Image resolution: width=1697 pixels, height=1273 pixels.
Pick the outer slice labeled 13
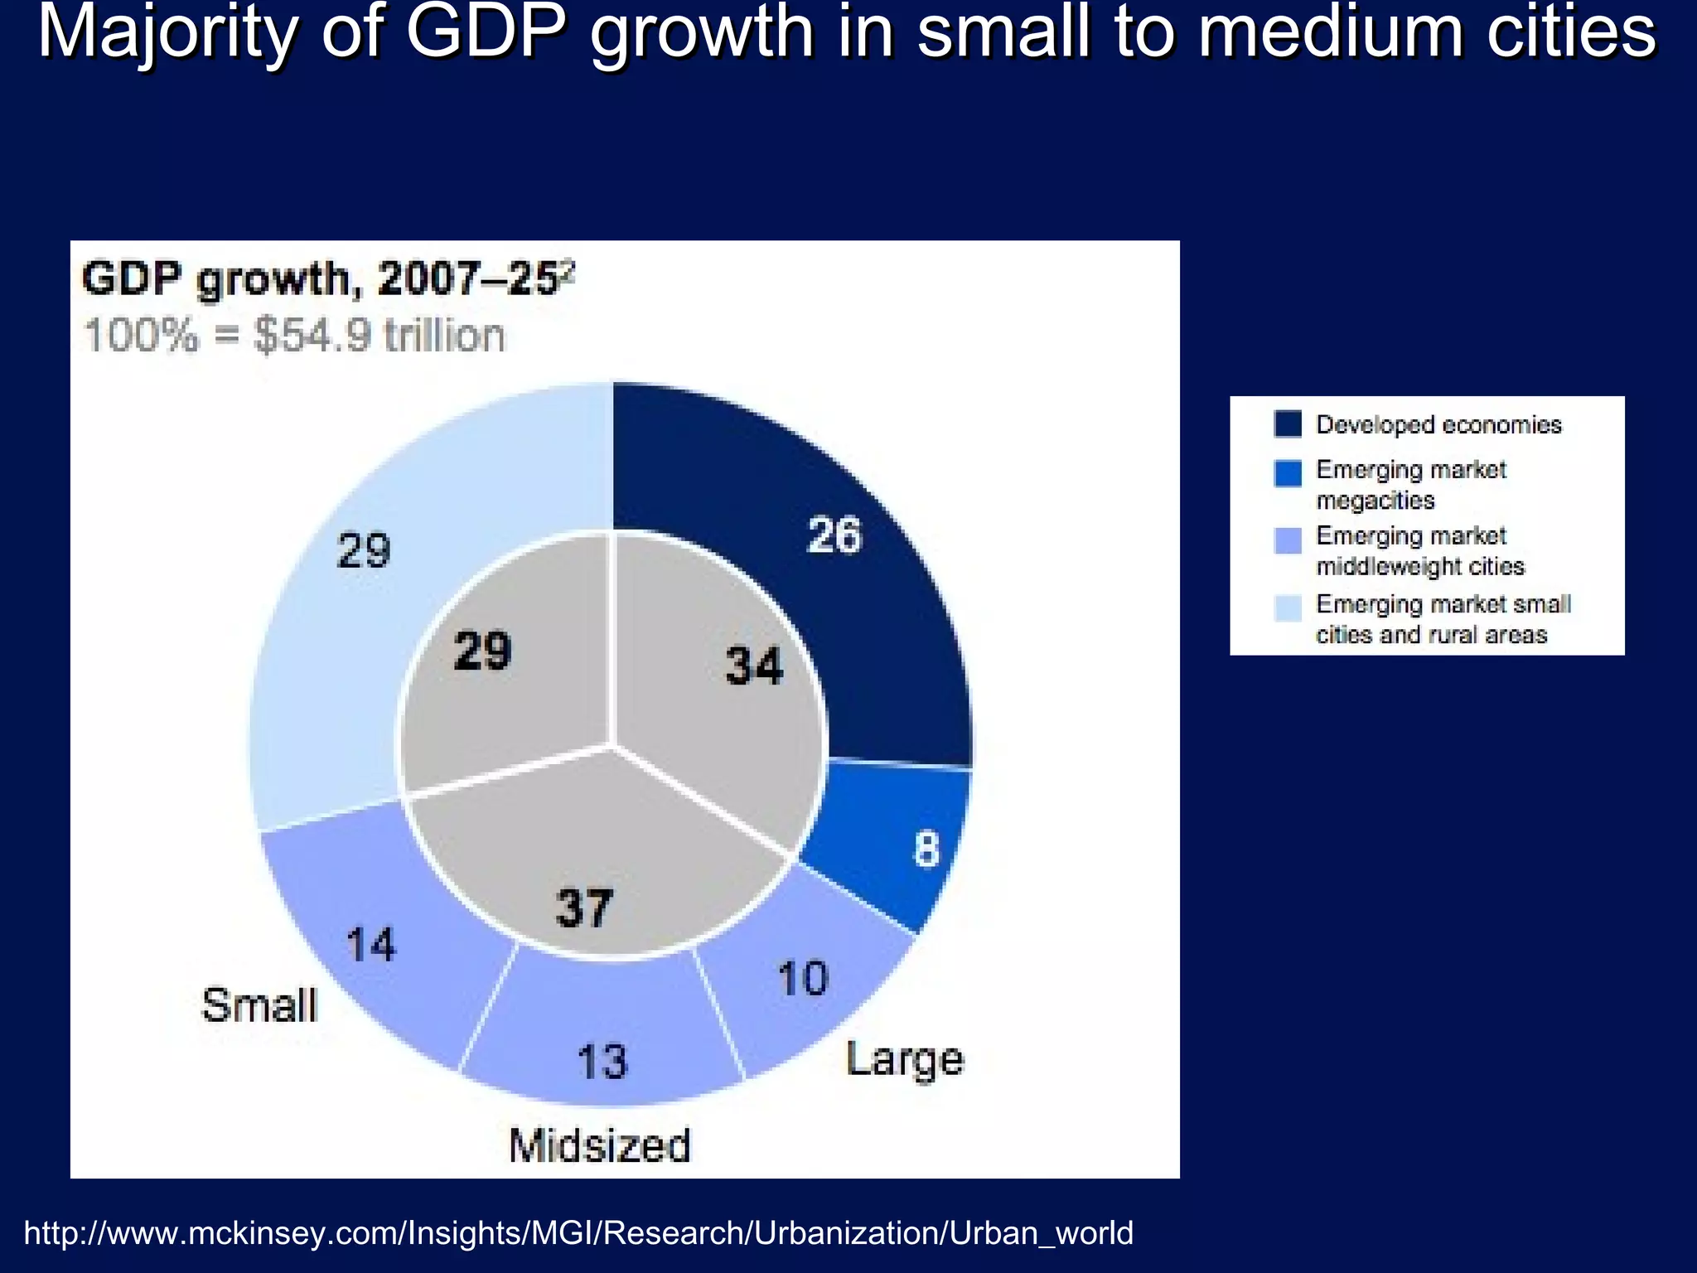[x=602, y=1044]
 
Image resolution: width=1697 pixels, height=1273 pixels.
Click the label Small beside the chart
[x=259, y=1005]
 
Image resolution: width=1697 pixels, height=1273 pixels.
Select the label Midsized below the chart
[x=599, y=1145]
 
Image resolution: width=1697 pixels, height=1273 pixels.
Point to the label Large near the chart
[x=904, y=1059]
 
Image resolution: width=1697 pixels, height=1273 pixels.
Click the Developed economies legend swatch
[x=1288, y=424]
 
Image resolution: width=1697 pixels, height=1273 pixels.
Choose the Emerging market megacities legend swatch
[x=1288, y=473]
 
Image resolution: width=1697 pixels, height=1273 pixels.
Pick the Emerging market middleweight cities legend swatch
[x=1288, y=540]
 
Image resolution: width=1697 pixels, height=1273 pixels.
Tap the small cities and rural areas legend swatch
[x=1288, y=607]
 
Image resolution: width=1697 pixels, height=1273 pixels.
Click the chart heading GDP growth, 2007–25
[x=323, y=279]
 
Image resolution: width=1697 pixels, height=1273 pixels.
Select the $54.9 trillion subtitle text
[x=294, y=336]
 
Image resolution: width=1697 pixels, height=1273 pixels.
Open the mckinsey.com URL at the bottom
[x=578, y=1233]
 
